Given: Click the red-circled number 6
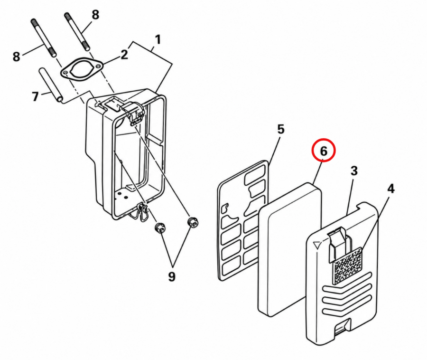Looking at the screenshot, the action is pyautogui.click(x=323, y=151).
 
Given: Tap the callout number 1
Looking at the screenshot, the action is pyautogui.click(x=158, y=40).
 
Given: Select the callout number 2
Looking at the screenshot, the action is pyautogui.click(x=124, y=55).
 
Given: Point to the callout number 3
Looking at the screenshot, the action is pyautogui.click(x=354, y=171).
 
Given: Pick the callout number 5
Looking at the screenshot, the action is pyautogui.click(x=281, y=129).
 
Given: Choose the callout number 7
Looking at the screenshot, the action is pyautogui.click(x=35, y=96).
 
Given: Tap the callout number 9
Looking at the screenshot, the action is pyautogui.click(x=171, y=277).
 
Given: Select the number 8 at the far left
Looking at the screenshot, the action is pyautogui.click(x=17, y=57).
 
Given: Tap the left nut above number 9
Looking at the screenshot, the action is pyautogui.click(x=160, y=227).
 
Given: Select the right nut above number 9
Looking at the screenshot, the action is pyautogui.click(x=193, y=222).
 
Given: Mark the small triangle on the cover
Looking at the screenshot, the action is pyautogui.click(x=317, y=245).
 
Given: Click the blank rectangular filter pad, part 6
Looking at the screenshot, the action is pyautogui.click(x=290, y=249).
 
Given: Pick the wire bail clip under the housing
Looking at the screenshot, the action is pyautogui.click(x=140, y=213).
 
